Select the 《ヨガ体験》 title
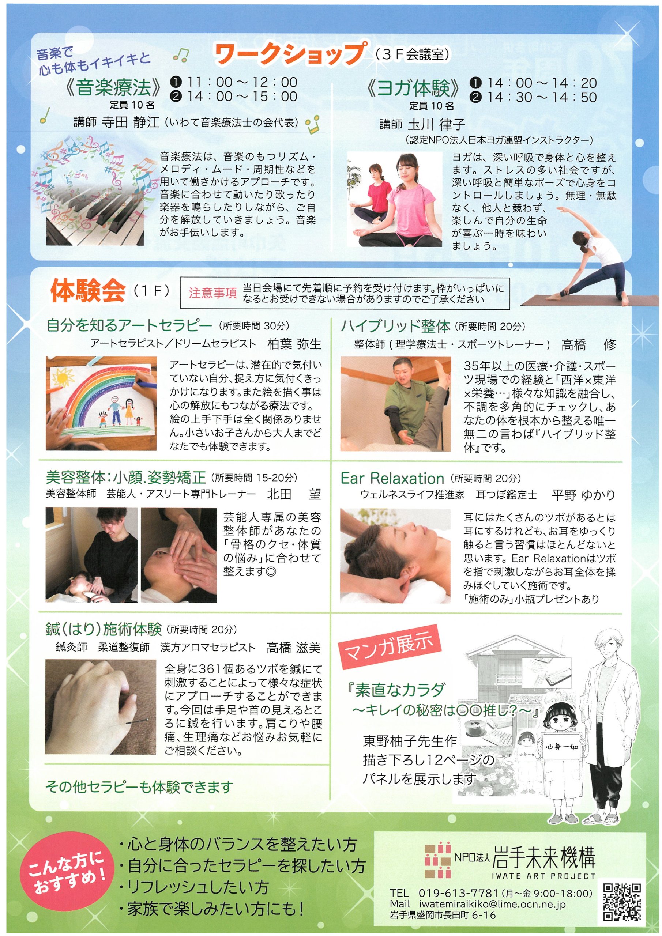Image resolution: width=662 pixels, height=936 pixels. pos(414,88)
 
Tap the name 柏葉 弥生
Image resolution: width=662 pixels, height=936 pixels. pos(294,344)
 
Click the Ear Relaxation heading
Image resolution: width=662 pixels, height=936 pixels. pos(392,478)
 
